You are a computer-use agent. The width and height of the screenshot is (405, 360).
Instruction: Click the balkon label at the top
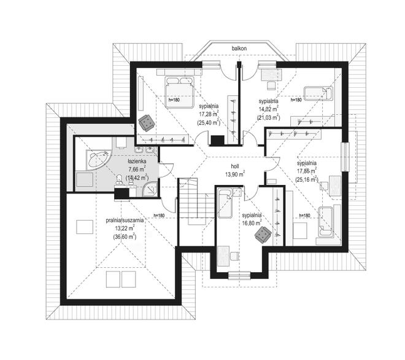tap(239, 48)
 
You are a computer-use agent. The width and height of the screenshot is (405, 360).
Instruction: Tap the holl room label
tap(235, 166)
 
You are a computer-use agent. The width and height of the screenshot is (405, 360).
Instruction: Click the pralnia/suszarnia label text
tap(125, 221)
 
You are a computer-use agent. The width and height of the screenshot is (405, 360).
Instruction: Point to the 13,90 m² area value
tap(235, 174)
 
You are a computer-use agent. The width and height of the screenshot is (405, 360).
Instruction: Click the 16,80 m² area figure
tap(252, 223)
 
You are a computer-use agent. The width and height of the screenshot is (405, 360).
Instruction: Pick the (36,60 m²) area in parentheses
tap(125, 237)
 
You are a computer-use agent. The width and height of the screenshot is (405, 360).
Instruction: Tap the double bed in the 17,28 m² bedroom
tap(180, 92)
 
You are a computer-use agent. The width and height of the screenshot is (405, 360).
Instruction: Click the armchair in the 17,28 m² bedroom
tap(147, 122)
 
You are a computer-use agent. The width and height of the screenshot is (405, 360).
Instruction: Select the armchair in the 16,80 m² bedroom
tap(263, 235)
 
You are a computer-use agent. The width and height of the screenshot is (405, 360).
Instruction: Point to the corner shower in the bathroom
tap(150, 189)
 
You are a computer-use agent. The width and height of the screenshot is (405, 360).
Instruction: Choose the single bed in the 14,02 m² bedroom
tap(318, 93)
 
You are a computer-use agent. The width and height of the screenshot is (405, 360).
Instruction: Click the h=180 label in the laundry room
tap(159, 215)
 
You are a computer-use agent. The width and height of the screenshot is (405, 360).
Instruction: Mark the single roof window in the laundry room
tap(85, 227)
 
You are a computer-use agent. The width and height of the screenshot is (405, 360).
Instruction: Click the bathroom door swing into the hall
tap(166, 170)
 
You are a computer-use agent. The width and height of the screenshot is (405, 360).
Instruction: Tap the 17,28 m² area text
tap(209, 114)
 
